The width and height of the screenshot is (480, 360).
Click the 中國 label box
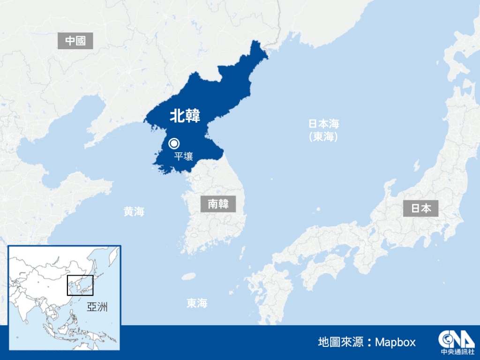pos(75,41)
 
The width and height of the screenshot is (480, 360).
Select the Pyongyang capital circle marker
pos(174,143)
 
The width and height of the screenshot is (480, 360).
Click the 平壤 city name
pos(183,156)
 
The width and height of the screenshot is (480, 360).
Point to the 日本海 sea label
pos(323,124)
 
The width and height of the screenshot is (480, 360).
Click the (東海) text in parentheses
pos(323,137)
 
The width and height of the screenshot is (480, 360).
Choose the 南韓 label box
pos(218,204)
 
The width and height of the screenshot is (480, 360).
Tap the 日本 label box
pos(421,208)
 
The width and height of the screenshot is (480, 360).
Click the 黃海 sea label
pos(134,212)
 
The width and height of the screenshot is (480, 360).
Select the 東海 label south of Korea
pos(197,303)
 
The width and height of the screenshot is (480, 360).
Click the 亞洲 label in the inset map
pos(97,307)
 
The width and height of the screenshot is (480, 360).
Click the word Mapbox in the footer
pos(396,342)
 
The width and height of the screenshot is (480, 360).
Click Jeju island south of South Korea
pos(189,276)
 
